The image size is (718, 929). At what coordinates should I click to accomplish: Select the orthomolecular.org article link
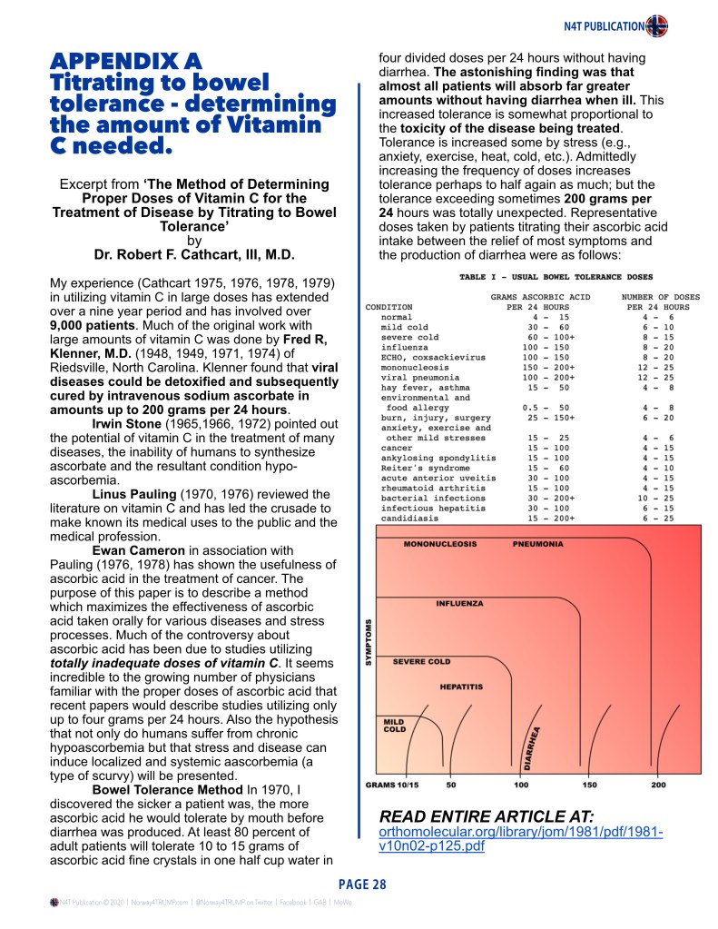pos(521,840)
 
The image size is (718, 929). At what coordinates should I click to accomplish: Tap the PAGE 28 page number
pos(362,885)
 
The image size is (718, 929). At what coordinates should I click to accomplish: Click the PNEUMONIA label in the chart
pos(537,545)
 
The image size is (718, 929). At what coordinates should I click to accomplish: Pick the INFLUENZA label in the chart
pos(459,603)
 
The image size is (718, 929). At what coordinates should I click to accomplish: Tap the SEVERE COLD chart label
pos(421,661)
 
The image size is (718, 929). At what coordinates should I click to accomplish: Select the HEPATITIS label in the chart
pos(461,687)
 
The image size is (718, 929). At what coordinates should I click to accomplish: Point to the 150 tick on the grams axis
pos(590,784)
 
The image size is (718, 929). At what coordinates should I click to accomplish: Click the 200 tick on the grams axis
pos(659,784)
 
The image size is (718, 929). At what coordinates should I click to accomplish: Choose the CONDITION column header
pos(389,307)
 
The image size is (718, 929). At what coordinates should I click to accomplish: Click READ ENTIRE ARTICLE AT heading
pos(485,815)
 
